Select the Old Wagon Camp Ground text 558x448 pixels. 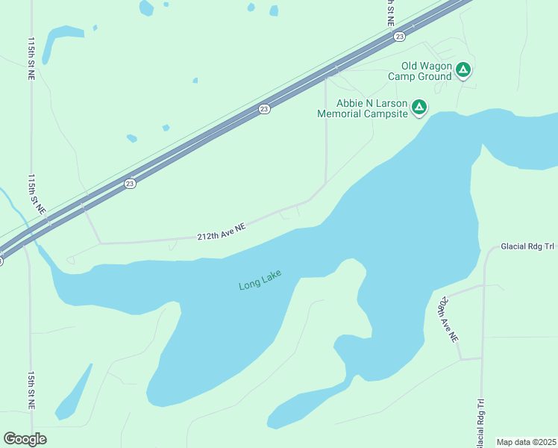point(426,71)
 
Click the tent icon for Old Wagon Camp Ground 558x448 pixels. point(463,70)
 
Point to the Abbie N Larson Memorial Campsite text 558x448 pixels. point(363,109)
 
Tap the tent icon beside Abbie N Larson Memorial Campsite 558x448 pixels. point(419,108)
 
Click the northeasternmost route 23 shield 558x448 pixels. point(400,36)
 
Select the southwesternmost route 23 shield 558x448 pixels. point(130,183)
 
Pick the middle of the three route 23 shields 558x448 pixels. point(264,109)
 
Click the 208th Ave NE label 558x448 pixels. point(447,319)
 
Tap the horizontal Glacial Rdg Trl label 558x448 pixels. point(528,246)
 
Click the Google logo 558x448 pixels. point(25,439)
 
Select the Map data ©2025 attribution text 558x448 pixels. point(526,442)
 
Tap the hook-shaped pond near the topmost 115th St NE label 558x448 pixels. point(56,41)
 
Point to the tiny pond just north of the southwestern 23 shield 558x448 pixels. point(132,138)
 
